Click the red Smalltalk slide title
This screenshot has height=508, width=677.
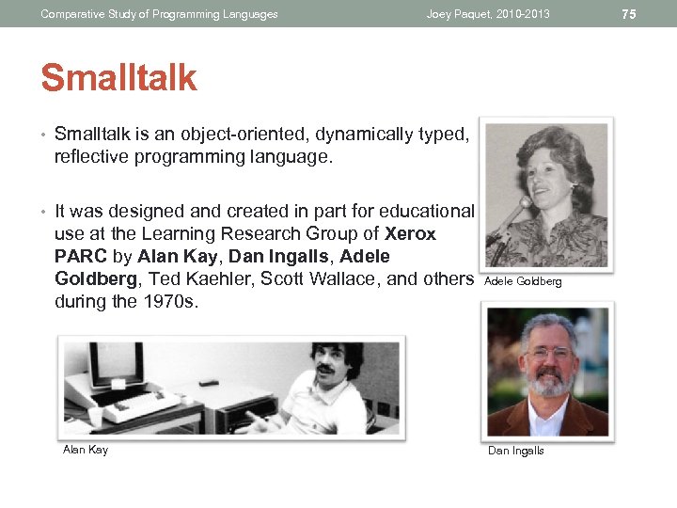118,78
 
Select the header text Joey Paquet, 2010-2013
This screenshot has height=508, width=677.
487,14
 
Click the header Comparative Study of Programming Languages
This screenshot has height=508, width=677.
159,14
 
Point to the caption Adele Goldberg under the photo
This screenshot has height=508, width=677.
523,281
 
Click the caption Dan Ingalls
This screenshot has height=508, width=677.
515,451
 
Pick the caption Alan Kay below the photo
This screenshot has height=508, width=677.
86,450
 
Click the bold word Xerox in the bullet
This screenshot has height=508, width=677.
411,233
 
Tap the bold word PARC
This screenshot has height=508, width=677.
79,256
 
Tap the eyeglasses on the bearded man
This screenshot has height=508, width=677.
547,353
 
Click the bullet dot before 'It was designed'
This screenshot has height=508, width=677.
44,212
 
